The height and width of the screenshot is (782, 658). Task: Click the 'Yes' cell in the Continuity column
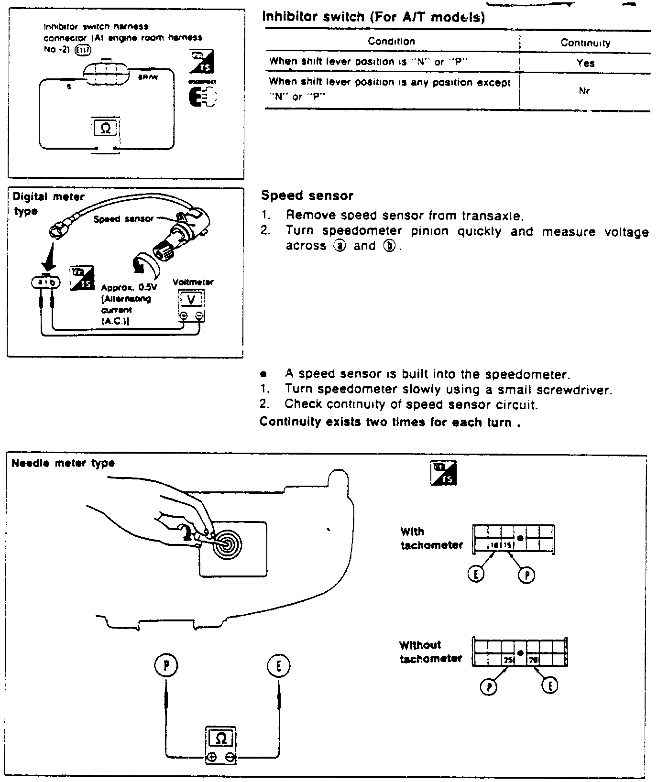coord(585,63)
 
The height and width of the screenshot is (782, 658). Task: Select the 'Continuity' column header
coord(585,43)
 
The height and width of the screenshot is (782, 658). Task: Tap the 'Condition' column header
coord(391,41)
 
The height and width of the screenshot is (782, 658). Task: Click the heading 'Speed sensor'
coord(307,195)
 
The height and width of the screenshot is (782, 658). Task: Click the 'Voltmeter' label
coord(193,282)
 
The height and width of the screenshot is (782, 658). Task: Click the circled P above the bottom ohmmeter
coord(165,666)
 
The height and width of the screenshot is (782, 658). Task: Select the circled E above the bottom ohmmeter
coord(278,666)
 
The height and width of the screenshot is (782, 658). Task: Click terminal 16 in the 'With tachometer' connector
coord(494,545)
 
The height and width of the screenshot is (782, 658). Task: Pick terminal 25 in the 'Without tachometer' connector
coord(507,660)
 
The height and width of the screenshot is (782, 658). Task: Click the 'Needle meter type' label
coord(63,463)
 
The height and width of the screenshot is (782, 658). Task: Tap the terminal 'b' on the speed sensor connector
coord(54,282)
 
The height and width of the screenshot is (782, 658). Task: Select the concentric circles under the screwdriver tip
coord(227,544)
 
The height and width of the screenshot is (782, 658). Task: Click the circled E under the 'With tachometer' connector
coord(476,574)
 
